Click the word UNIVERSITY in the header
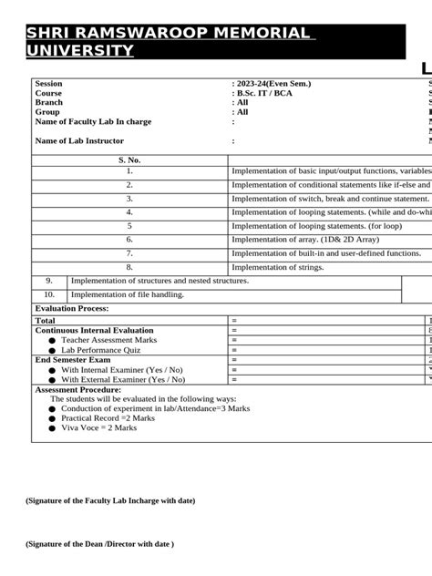coord(80,50)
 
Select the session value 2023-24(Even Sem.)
coord(273,84)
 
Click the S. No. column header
coord(129,160)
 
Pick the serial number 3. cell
coord(129,198)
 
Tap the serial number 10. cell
coord(49,294)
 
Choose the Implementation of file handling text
coord(127,294)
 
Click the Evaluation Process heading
coord(72,309)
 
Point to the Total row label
coord(45,321)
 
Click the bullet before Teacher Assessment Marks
coord(52,340)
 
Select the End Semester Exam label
coord(73,360)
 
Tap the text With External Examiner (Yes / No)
coord(122,379)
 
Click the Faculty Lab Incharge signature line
coord(110,500)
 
